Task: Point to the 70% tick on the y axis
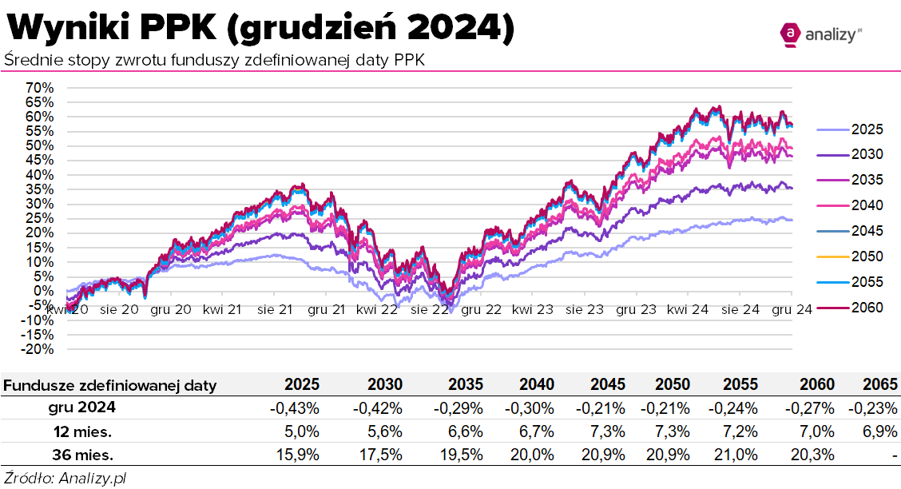38,87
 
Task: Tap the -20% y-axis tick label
37,349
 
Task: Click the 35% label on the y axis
38,189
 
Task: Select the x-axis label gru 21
327,310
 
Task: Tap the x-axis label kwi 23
533,310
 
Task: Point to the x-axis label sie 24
740,310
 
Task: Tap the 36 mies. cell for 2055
737,455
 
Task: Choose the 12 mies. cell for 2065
881,431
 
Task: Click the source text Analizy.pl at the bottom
91,478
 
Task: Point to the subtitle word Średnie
33,60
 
